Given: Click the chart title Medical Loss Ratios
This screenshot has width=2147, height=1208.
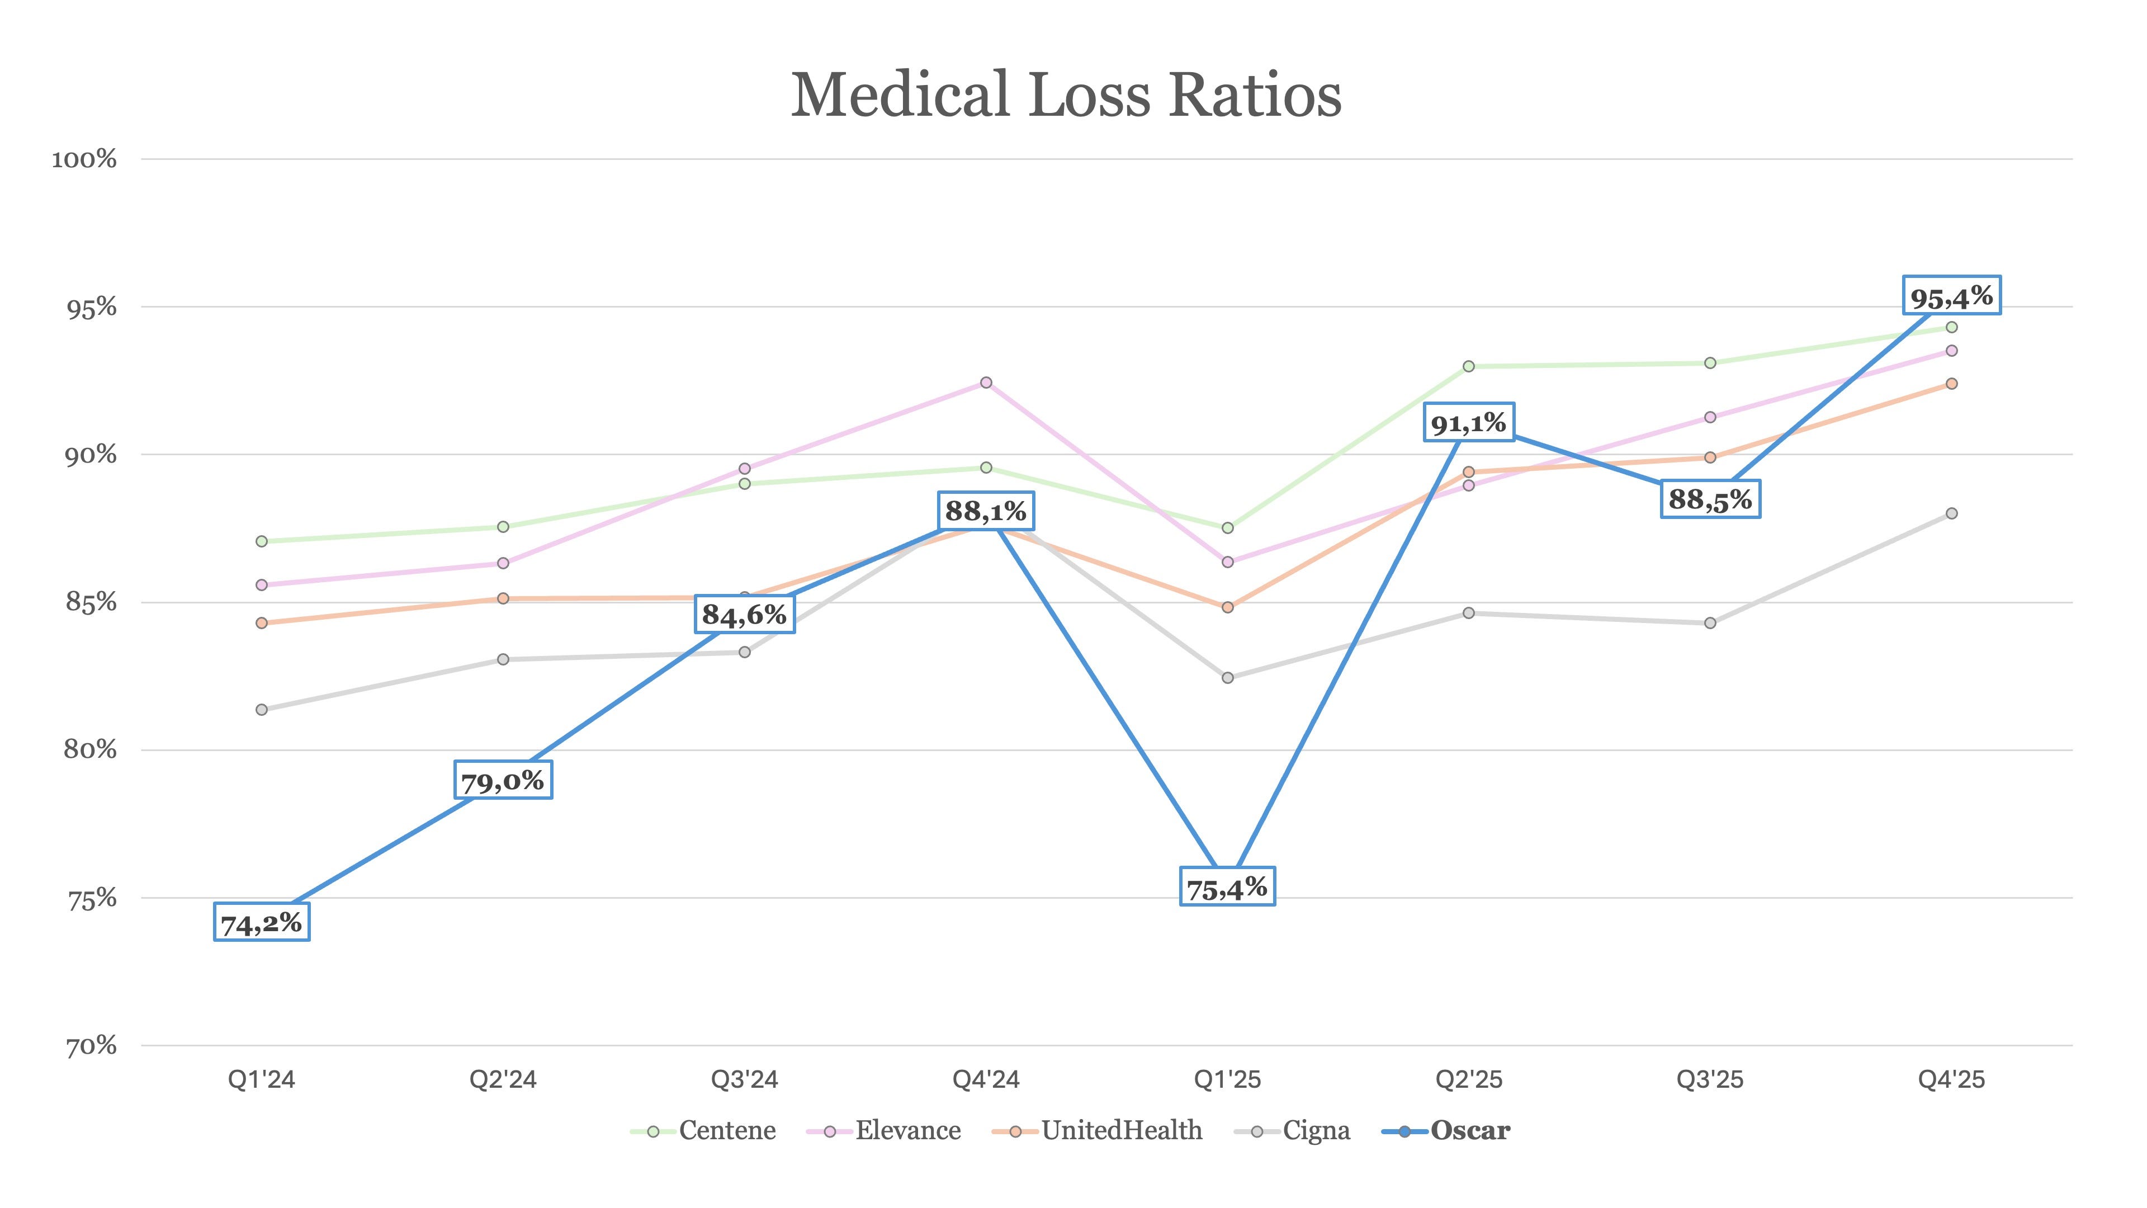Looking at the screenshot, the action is tap(1066, 94).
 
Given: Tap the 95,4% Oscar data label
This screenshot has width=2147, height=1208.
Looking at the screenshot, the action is tap(1951, 295).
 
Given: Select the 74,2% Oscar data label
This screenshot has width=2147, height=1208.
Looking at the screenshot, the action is tap(262, 922).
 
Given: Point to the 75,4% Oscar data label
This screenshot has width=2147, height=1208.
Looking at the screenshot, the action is tap(1227, 886).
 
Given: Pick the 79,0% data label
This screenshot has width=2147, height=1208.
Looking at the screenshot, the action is tap(503, 780).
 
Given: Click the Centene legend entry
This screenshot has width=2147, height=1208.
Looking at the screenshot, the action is tap(703, 1130).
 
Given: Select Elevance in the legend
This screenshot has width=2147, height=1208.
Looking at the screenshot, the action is tap(883, 1130).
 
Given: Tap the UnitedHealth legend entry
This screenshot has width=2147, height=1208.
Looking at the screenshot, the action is tap(1097, 1130).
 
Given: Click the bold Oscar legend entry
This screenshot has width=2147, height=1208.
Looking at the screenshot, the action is tap(1446, 1130).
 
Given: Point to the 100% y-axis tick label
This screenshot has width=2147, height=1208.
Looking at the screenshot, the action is tap(84, 158).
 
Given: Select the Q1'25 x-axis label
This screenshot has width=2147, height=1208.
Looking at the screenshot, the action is tap(1227, 1079).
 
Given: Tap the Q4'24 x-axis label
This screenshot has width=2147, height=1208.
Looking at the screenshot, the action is tap(986, 1079).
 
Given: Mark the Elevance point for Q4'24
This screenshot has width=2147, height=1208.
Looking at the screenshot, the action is tap(986, 383).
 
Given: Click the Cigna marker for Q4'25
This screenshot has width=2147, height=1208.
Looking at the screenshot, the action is tap(1951, 513).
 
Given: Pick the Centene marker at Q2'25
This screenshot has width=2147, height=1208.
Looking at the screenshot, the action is tap(1469, 366).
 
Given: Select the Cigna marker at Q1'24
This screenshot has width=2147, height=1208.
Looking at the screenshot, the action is tap(262, 710).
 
